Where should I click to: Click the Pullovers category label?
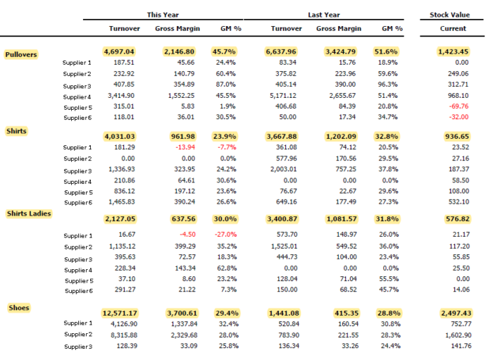click(x=21, y=54)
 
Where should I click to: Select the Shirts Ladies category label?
click(x=29, y=213)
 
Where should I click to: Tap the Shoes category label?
click(x=19, y=308)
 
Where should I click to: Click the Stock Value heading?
click(x=449, y=15)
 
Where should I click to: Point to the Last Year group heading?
click(x=324, y=15)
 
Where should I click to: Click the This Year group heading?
click(x=163, y=15)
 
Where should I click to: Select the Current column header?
click(x=453, y=29)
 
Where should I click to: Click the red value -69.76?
click(x=458, y=106)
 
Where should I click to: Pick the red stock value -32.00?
click(x=458, y=117)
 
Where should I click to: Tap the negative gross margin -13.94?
click(x=185, y=147)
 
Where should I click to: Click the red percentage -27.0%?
click(x=225, y=234)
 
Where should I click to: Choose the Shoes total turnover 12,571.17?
click(x=120, y=314)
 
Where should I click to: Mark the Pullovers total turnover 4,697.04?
click(x=119, y=51)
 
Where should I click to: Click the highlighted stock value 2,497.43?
click(x=456, y=314)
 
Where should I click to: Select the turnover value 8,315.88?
click(x=124, y=335)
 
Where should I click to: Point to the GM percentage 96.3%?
click(x=387, y=85)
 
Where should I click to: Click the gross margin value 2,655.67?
click(x=342, y=96)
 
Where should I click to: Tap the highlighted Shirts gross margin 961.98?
click(x=183, y=137)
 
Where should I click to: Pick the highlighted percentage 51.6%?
click(x=386, y=51)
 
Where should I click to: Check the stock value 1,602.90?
click(x=458, y=335)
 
